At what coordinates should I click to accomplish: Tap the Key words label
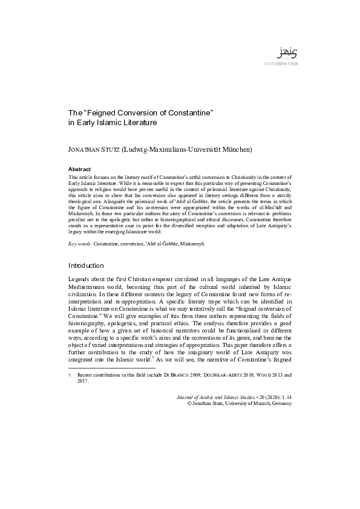[80, 242]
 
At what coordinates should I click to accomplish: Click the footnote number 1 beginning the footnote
[70, 375]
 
